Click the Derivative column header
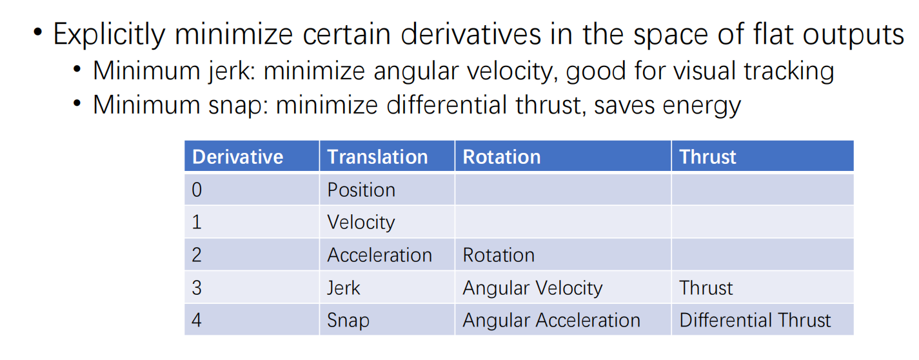pyautogui.click(x=238, y=157)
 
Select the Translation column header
pyautogui.click(x=377, y=157)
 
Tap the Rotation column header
pyautogui.click(x=502, y=157)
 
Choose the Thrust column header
pyautogui.click(x=707, y=157)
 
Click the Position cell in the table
pyautogui.click(x=361, y=190)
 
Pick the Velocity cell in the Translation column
pyautogui.click(x=361, y=222)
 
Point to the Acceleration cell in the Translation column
pyautogui.click(x=379, y=255)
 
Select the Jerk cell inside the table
pyautogui.click(x=344, y=287)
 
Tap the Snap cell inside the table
pyautogui.click(x=348, y=320)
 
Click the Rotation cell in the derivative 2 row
pyautogui.click(x=499, y=255)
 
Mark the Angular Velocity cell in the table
pyautogui.click(x=532, y=287)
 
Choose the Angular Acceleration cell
pyautogui.click(x=551, y=320)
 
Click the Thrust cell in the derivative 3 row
pyautogui.click(x=706, y=287)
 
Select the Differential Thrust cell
pyautogui.click(x=755, y=320)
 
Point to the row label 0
pyautogui.click(x=197, y=190)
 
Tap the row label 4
pyautogui.click(x=197, y=320)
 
